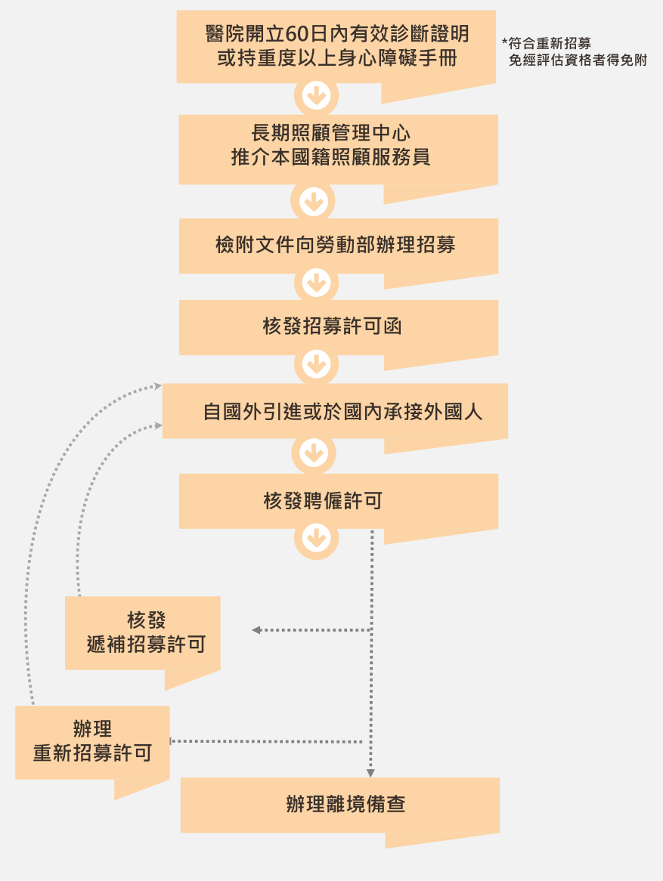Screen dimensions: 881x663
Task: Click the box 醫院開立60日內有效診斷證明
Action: (x=336, y=46)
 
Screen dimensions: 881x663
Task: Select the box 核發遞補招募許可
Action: (x=143, y=632)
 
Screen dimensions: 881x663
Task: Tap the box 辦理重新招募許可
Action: (x=92, y=741)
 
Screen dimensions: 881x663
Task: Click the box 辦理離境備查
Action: (x=339, y=804)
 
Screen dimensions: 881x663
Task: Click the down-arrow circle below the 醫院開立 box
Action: (x=316, y=96)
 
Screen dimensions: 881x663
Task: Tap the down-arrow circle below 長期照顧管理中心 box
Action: (x=313, y=202)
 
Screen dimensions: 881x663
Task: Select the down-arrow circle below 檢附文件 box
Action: (x=316, y=283)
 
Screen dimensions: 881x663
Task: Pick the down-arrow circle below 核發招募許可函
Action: (x=316, y=365)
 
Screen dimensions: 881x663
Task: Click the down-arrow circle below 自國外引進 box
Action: (x=313, y=453)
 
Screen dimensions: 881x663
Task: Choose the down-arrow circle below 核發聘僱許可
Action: (x=316, y=538)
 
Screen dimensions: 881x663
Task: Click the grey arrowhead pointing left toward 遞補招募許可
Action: (x=256, y=630)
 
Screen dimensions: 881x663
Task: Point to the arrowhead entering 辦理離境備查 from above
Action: (x=370, y=773)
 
